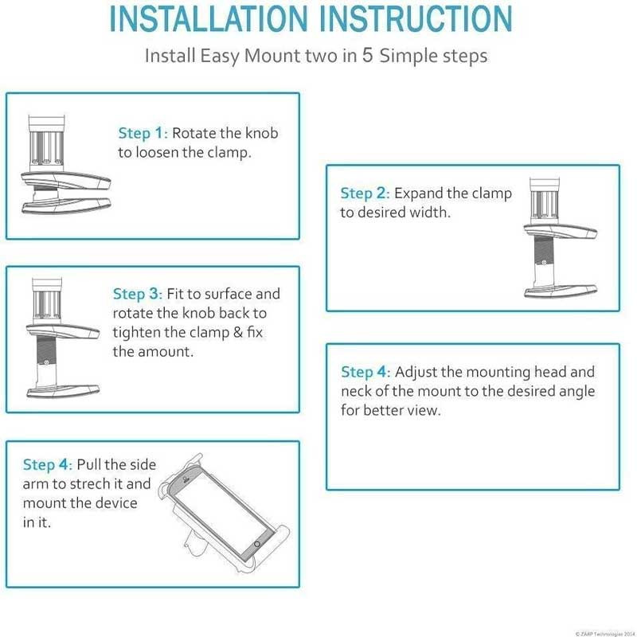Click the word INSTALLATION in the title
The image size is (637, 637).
click(209, 18)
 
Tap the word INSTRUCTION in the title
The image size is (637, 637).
click(416, 18)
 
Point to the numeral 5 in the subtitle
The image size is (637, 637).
click(367, 55)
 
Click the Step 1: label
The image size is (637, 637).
click(143, 133)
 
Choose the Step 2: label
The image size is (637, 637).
click(365, 193)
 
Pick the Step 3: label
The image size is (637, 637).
click(138, 294)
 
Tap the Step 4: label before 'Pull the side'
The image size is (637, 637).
click(48, 465)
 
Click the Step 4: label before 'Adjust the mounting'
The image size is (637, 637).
click(365, 372)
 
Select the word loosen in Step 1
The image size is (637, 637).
click(157, 152)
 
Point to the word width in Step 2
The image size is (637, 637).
click(430, 212)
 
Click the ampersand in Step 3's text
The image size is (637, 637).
click(237, 332)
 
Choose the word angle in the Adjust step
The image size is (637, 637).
click(574, 392)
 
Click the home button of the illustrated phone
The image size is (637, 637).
click(256, 544)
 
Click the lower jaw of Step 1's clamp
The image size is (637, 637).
click(66, 205)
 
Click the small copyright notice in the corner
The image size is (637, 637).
click(605, 634)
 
